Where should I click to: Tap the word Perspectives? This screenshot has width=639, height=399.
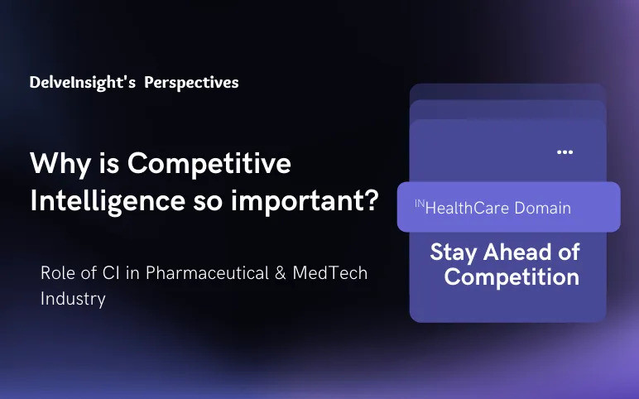click(x=191, y=83)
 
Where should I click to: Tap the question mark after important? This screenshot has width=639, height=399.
click(x=371, y=201)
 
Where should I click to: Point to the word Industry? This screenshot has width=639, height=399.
click(x=73, y=299)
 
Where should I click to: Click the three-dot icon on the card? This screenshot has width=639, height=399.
click(x=565, y=152)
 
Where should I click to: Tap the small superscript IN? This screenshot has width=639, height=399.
click(x=419, y=203)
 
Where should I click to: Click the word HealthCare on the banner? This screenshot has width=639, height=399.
click(x=468, y=208)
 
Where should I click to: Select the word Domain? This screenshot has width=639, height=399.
click(x=543, y=208)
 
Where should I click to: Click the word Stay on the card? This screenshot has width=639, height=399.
click(x=452, y=252)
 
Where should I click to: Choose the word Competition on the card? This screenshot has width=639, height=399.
click(x=512, y=276)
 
